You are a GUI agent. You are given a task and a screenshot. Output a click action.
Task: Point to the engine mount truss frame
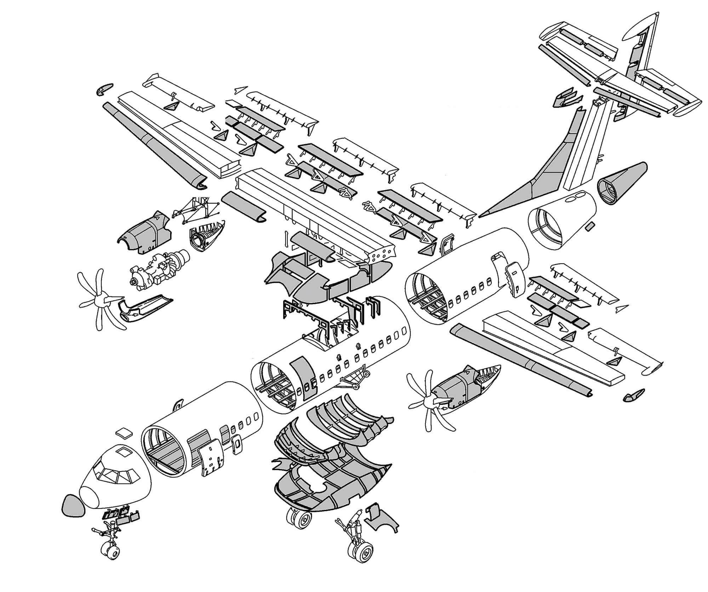[193, 211]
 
